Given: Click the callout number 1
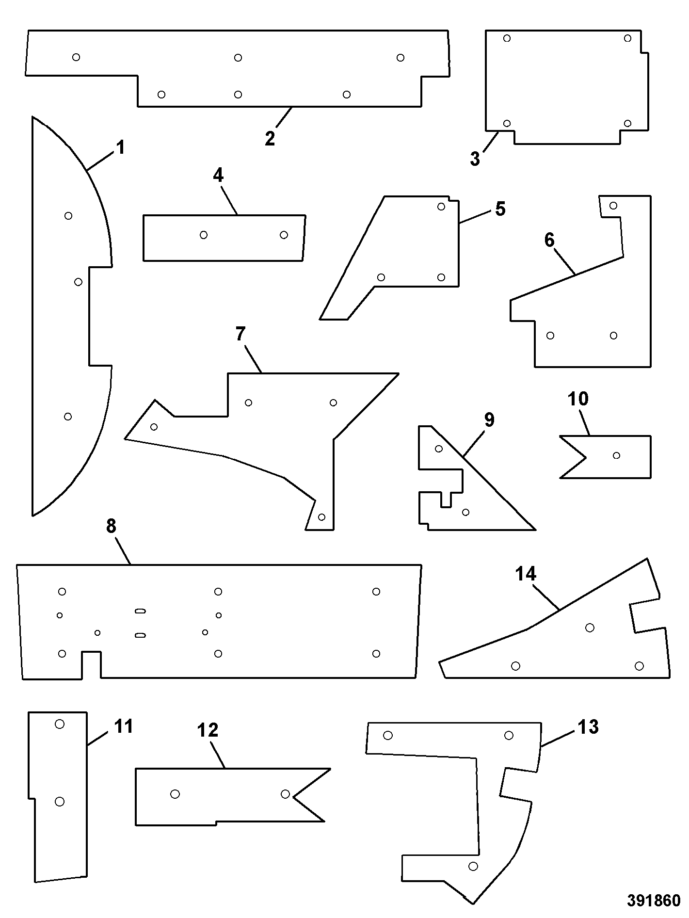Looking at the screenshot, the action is click(x=121, y=147).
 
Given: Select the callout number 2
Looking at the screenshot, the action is click(x=270, y=138).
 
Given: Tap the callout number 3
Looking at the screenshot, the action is click(x=475, y=159).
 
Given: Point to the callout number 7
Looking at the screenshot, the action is click(x=241, y=334).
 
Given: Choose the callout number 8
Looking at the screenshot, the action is click(x=111, y=526).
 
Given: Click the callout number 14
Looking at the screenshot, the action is click(x=526, y=574).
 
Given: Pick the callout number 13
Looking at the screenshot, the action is click(x=588, y=727).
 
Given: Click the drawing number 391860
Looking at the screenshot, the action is click(x=655, y=901).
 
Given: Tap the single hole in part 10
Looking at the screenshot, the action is click(x=617, y=455).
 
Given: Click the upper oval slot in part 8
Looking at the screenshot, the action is click(x=141, y=611).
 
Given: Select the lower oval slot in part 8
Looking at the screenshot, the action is click(x=141, y=635).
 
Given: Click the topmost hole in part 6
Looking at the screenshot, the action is click(x=613, y=206).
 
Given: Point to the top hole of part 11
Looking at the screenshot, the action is click(x=60, y=724).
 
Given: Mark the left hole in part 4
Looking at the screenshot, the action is click(x=204, y=235).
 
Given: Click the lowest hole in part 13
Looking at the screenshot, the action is click(x=474, y=866).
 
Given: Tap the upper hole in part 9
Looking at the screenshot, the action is click(x=439, y=449).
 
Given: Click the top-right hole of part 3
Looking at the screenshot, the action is click(x=627, y=38).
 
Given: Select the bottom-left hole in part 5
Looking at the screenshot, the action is click(x=381, y=277).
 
